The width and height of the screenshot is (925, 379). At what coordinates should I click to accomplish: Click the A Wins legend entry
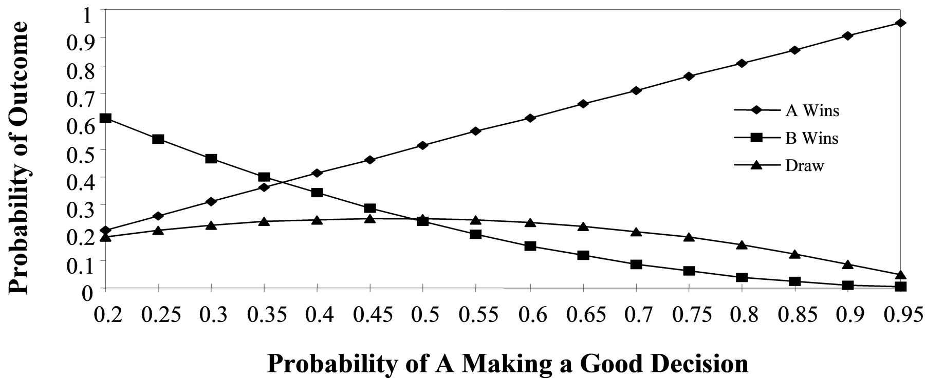coord(787,110)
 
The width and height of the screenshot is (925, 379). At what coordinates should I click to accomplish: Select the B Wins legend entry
coord(786,139)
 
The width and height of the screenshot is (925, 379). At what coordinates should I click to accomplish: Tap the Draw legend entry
coord(779,166)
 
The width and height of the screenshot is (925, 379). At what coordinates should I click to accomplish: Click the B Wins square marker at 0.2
coord(105,118)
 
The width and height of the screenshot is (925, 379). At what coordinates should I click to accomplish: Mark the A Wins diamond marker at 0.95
coord(900,23)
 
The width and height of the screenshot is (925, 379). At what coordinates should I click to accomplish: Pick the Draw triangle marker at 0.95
coord(900,275)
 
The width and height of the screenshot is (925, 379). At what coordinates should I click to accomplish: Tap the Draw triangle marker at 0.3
coord(211,225)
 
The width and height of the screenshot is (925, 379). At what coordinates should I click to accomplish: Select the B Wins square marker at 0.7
coord(636,264)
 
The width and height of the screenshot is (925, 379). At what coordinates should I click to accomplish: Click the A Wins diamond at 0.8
coord(742,63)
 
